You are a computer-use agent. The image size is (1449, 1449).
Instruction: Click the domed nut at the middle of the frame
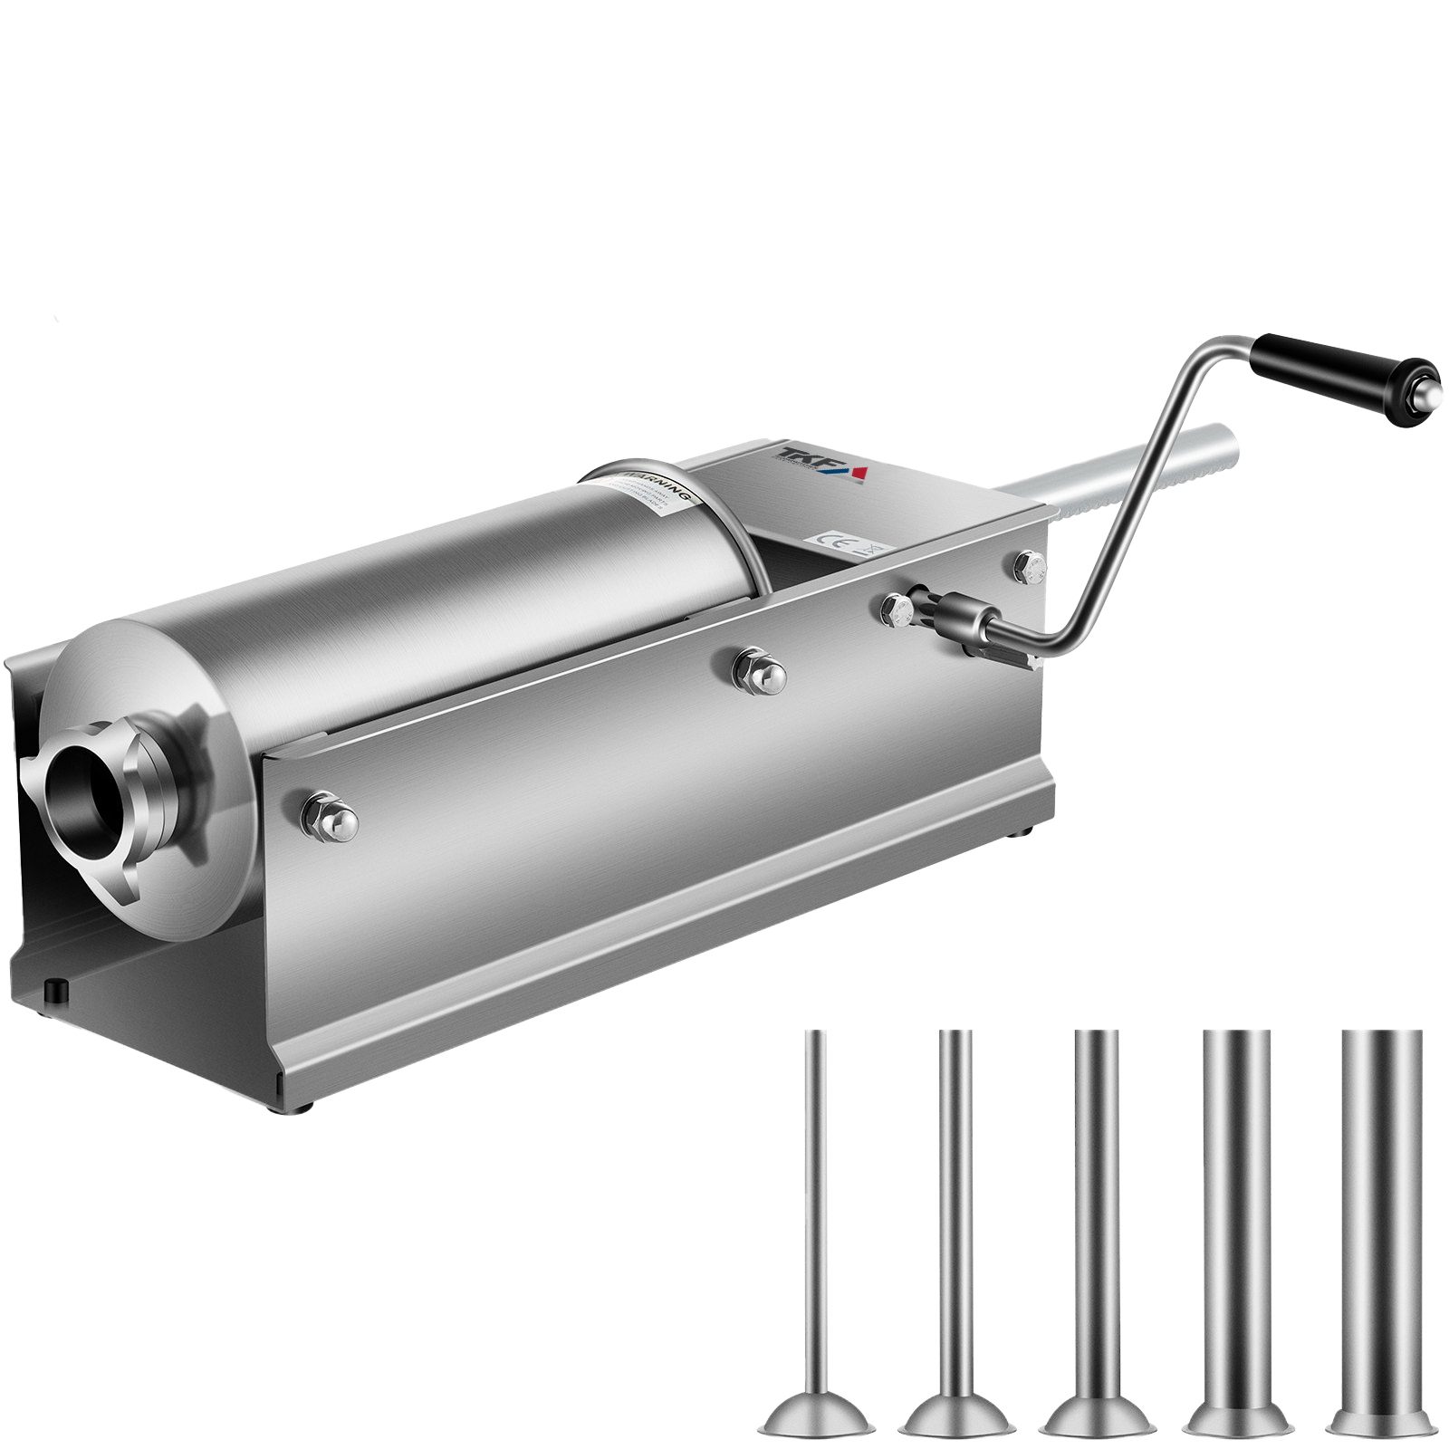(761, 673)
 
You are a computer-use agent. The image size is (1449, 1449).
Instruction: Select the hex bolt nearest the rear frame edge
(1030, 568)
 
